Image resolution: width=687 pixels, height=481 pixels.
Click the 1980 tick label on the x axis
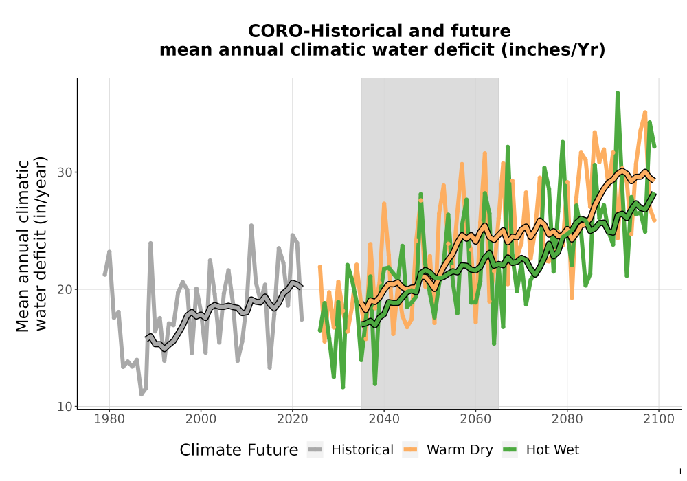tap(109, 419)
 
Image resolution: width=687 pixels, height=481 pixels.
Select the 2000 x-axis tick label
tap(201, 419)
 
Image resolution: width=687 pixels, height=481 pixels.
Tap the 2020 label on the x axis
tap(292, 419)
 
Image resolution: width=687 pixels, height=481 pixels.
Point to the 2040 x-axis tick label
tap(384, 419)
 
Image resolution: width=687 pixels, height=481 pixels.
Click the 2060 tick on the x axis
tap(475, 419)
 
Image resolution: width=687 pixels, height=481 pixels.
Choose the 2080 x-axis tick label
tap(567, 419)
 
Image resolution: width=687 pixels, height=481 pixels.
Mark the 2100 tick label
tap(659, 419)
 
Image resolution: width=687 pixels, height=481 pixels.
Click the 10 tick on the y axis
tap(65, 407)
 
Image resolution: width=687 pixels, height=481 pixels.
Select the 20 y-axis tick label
tap(65, 289)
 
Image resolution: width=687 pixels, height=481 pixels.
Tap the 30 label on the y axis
tap(65, 172)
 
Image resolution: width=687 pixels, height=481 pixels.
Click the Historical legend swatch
tap(315, 450)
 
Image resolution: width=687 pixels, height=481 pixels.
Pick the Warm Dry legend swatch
tap(410, 450)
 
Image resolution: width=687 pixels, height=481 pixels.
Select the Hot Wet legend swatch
tap(510, 450)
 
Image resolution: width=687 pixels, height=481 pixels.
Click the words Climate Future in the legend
tap(239, 450)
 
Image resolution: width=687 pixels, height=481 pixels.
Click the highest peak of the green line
tap(618, 93)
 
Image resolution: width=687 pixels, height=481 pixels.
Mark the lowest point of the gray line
tap(141, 394)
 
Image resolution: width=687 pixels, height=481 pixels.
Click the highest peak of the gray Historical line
tap(251, 225)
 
